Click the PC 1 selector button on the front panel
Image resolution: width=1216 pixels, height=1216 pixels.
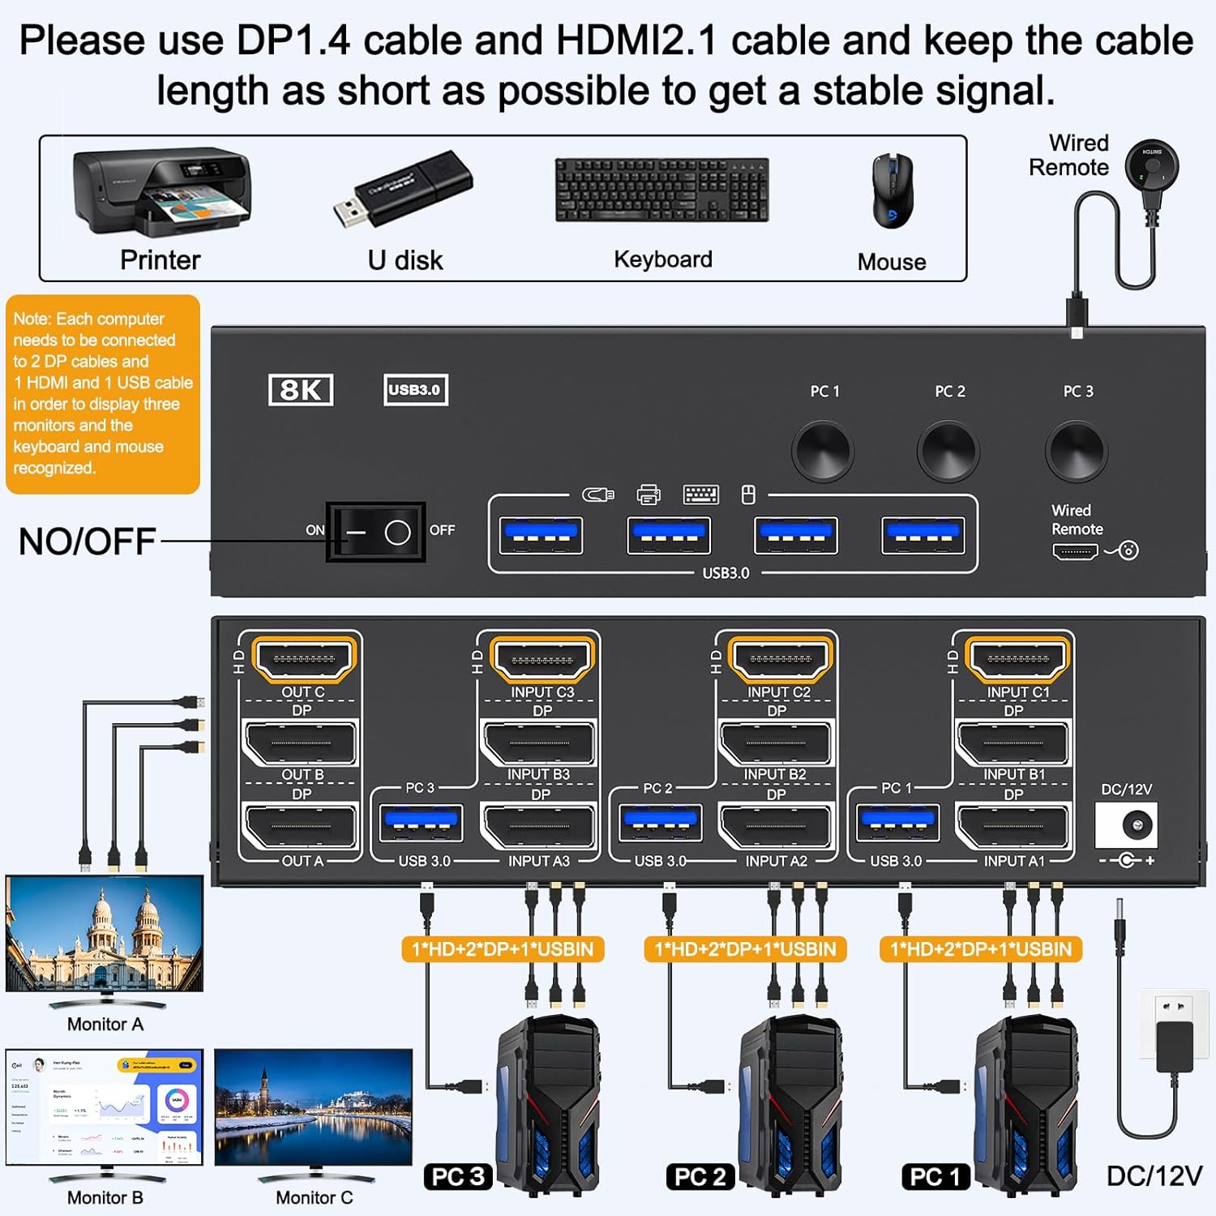pos(823,451)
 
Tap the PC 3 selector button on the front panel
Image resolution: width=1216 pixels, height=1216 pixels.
pos(1076,451)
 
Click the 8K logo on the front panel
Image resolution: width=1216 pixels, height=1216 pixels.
pos(301,390)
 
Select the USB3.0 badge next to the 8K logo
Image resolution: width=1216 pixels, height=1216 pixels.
pos(415,390)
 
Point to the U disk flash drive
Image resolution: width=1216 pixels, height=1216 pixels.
pos(403,190)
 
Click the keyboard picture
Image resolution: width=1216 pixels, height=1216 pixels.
pos(662,191)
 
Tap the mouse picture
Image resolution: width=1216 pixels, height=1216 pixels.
pos(892,192)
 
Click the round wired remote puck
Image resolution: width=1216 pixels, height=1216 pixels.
pos(1151,166)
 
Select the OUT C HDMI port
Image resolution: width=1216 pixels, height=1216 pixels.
pos(303,659)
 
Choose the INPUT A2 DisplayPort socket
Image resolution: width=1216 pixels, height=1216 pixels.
pos(775,826)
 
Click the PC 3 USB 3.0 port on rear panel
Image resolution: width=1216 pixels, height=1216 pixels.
pos(421,824)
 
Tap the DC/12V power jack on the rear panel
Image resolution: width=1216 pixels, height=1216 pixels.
pos(1126,826)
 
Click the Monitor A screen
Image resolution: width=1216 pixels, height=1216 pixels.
pos(105,932)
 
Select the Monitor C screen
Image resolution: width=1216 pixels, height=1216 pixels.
pos(313,1107)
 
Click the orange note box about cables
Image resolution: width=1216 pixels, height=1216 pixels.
pos(103,394)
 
